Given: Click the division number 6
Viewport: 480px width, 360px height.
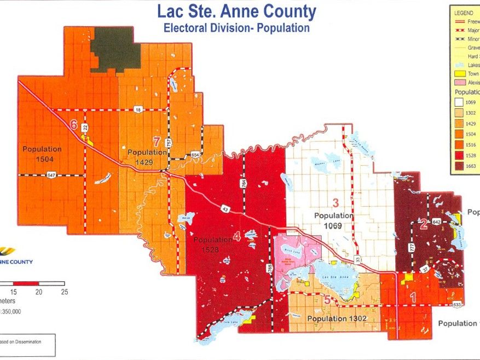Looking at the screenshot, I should coord(74,125).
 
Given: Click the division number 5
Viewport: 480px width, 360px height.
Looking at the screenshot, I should coord(327,299).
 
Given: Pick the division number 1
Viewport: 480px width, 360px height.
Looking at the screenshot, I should coord(413,296).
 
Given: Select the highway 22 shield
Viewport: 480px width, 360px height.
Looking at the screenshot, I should coord(85,127).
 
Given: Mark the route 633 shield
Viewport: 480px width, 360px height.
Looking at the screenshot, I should coord(456,304).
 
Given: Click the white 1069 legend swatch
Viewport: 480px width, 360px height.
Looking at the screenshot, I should coord(459,102).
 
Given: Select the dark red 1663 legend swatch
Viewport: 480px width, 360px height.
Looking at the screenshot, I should coord(459,165).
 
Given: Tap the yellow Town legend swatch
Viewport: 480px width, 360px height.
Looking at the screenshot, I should coord(459,73).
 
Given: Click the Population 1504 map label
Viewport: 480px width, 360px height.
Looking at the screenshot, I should coord(42,153).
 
